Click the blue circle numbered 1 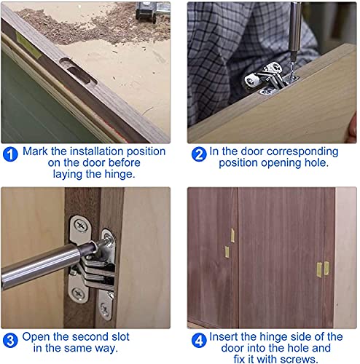coord(11,154)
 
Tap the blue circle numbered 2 coord(199,154)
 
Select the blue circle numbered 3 coord(10,340)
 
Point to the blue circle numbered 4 coord(197,340)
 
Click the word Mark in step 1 coord(36,151)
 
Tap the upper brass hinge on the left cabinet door coord(232,235)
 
